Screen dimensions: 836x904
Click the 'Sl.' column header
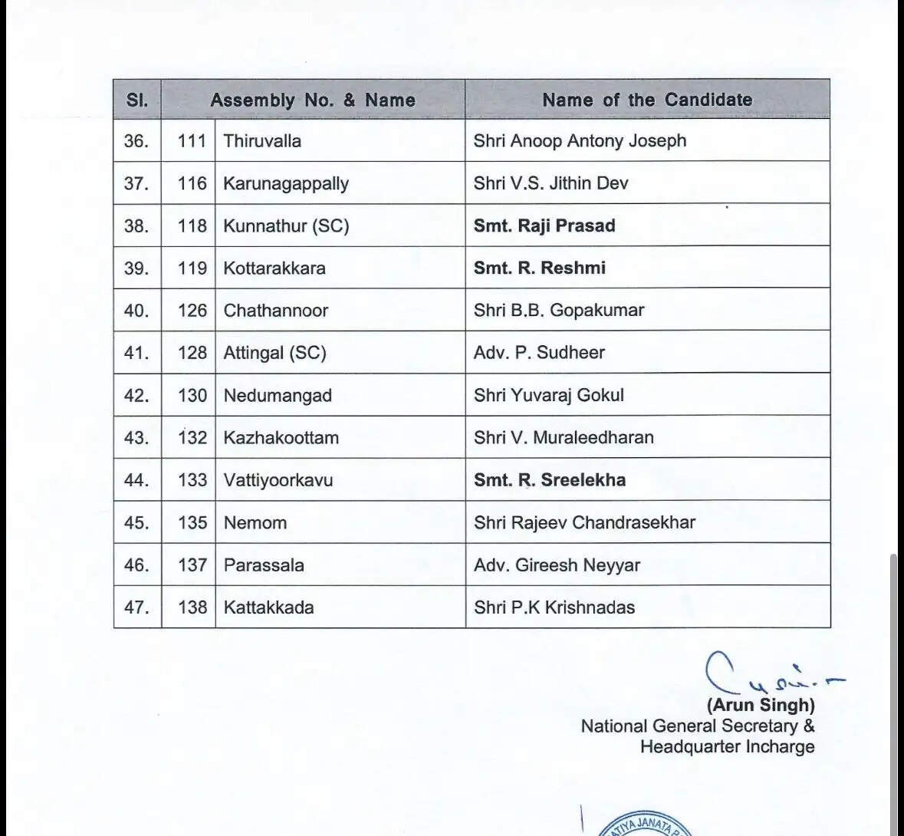coord(136,100)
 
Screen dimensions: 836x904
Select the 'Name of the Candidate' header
coord(647,100)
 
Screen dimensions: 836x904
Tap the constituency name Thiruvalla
coord(262,141)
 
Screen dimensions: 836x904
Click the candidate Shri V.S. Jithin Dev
coord(551,183)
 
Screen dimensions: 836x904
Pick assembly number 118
coord(192,225)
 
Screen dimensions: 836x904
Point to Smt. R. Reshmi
coord(539,268)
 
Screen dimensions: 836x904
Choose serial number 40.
coord(136,311)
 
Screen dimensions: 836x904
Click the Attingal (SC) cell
coord(274,353)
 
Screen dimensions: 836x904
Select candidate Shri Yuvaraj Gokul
coord(548,395)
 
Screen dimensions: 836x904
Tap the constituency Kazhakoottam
coord(281,438)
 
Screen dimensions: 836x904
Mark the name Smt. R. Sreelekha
coord(549,480)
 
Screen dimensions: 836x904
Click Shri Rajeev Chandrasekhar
coord(584,522)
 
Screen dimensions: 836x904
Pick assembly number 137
coord(192,565)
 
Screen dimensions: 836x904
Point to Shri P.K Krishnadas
coord(554,607)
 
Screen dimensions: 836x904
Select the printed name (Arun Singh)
coord(761,705)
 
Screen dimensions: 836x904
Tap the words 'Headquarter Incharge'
coord(727,746)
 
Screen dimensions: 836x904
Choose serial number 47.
coord(136,607)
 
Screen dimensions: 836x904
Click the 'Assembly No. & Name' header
coord(313,100)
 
